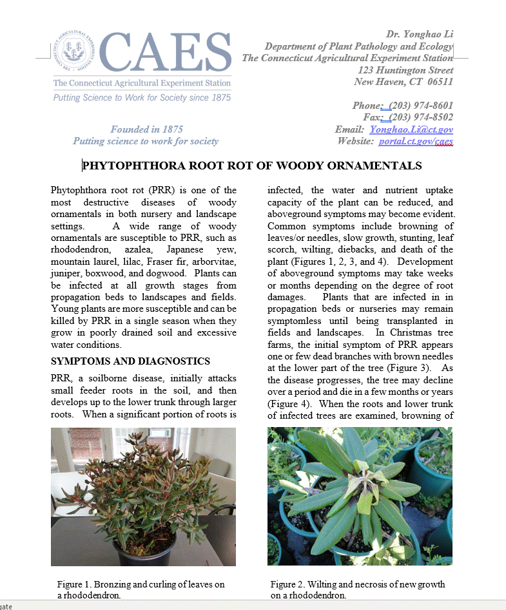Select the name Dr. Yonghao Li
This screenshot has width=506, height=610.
point(420,34)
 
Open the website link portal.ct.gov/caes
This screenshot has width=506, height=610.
point(416,141)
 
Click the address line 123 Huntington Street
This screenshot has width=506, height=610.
point(405,70)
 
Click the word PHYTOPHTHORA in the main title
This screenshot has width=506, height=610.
point(133,166)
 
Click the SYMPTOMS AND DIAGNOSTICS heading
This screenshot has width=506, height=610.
point(130,361)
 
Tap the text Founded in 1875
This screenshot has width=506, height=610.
point(146,129)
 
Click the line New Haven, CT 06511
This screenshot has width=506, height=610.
point(404,82)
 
